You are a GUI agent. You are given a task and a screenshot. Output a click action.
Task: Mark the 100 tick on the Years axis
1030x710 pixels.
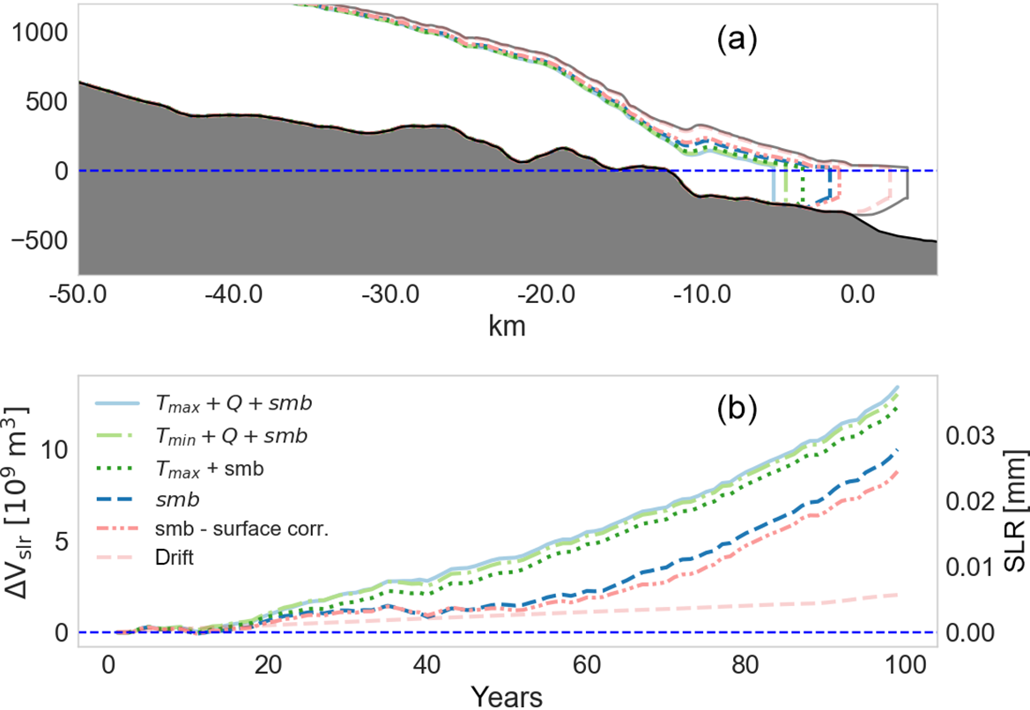click(x=907, y=661)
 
